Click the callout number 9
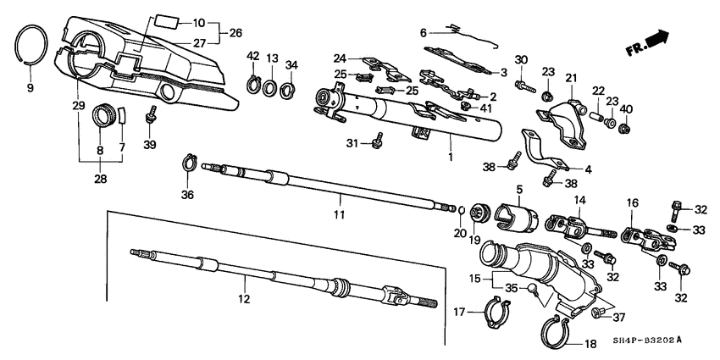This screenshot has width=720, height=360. pyautogui.click(x=31, y=88)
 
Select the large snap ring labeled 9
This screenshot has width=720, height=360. pyautogui.click(x=33, y=44)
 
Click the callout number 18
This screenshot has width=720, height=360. pyautogui.click(x=590, y=344)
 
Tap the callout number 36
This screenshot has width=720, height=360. pyautogui.click(x=187, y=196)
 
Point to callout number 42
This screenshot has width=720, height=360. pyautogui.click(x=252, y=56)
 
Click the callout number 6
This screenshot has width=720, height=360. pyautogui.click(x=422, y=33)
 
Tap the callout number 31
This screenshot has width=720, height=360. pyautogui.click(x=352, y=142)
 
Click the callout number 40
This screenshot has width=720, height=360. pyautogui.click(x=626, y=108)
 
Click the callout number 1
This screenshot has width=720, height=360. pyautogui.click(x=450, y=158)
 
